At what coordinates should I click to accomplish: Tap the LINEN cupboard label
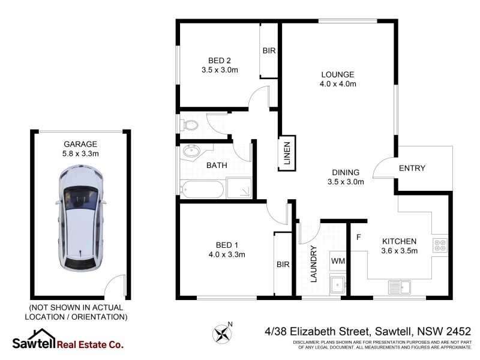pos(287,154)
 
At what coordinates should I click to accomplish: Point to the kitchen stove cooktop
pos(439,245)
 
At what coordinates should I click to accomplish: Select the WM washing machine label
pos(338,262)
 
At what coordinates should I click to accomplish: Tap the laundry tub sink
pos(338,284)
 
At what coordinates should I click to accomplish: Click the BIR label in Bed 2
pos(269,51)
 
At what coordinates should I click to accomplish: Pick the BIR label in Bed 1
pos(283,264)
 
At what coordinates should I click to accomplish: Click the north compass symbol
pos(223,332)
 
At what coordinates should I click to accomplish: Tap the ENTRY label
pos(412,169)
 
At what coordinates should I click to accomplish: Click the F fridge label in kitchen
pos(358,238)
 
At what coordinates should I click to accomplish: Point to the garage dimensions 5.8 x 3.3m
pos(80,154)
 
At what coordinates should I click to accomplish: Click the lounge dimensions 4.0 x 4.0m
pos(338,84)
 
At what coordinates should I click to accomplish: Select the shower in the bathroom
pos(241,190)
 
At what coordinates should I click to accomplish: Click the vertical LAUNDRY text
pos(313,264)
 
